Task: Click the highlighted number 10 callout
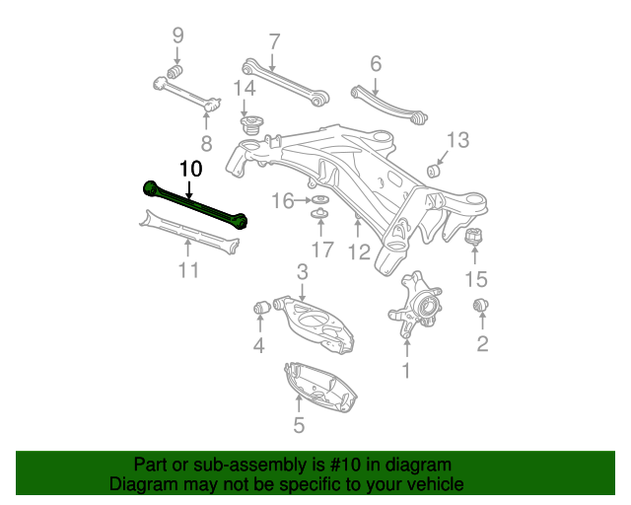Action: tap(190, 169)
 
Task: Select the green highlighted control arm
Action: tap(194, 202)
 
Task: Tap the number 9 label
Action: tap(178, 36)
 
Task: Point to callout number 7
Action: tap(274, 41)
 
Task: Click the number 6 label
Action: tap(376, 64)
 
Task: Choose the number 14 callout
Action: tap(245, 89)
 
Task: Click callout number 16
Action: tap(283, 201)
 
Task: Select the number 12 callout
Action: tap(359, 252)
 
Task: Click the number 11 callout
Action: tap(188, 269)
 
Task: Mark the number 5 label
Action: tap(299, 425)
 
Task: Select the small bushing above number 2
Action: tap(482, 305)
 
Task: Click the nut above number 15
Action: tap(473, 240)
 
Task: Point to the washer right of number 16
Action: tap(320, 201)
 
